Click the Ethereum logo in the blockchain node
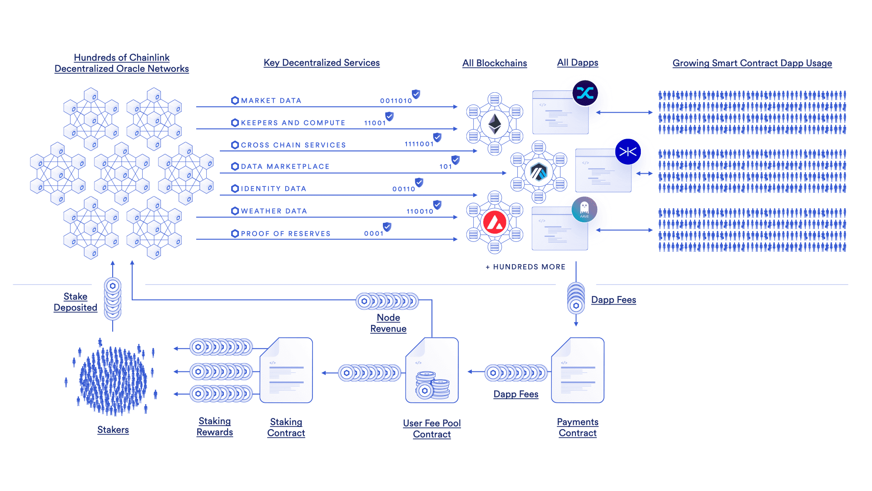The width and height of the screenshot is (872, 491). (x=495, y=124)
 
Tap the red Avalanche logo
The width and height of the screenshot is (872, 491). (x=495, y=223)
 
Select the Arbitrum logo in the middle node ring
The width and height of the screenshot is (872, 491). (x=539, y=172)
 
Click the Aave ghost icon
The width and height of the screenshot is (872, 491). (x=585, y=210)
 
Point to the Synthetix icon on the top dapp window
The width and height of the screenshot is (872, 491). (x=585, y=93)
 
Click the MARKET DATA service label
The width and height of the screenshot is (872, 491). (x=271, y=100)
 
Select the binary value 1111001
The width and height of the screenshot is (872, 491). (x=419, y=144)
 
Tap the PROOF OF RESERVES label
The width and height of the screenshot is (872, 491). (x=285, y=234)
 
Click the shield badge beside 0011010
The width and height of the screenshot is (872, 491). (x=416, y=94)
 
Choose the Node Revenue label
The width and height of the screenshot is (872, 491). (x=388, y=323)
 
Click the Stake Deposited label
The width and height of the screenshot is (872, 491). (x=75, y=302)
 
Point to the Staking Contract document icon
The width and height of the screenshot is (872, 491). (x=286, y=370)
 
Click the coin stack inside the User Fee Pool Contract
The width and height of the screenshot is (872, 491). (x=432, y=385)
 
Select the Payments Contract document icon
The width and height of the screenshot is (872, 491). (x=578, y=370)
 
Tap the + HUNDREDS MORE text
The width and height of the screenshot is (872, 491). (x=525, y=267)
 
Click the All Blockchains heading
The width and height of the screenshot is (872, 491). (x=495, y=63)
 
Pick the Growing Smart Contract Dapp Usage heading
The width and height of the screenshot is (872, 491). (x=752, y=63)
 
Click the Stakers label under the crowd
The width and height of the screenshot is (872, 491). (x=113, y=430)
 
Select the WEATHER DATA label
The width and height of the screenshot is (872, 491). (x=274, y=211)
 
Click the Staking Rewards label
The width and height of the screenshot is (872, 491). (x=215, y=426)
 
